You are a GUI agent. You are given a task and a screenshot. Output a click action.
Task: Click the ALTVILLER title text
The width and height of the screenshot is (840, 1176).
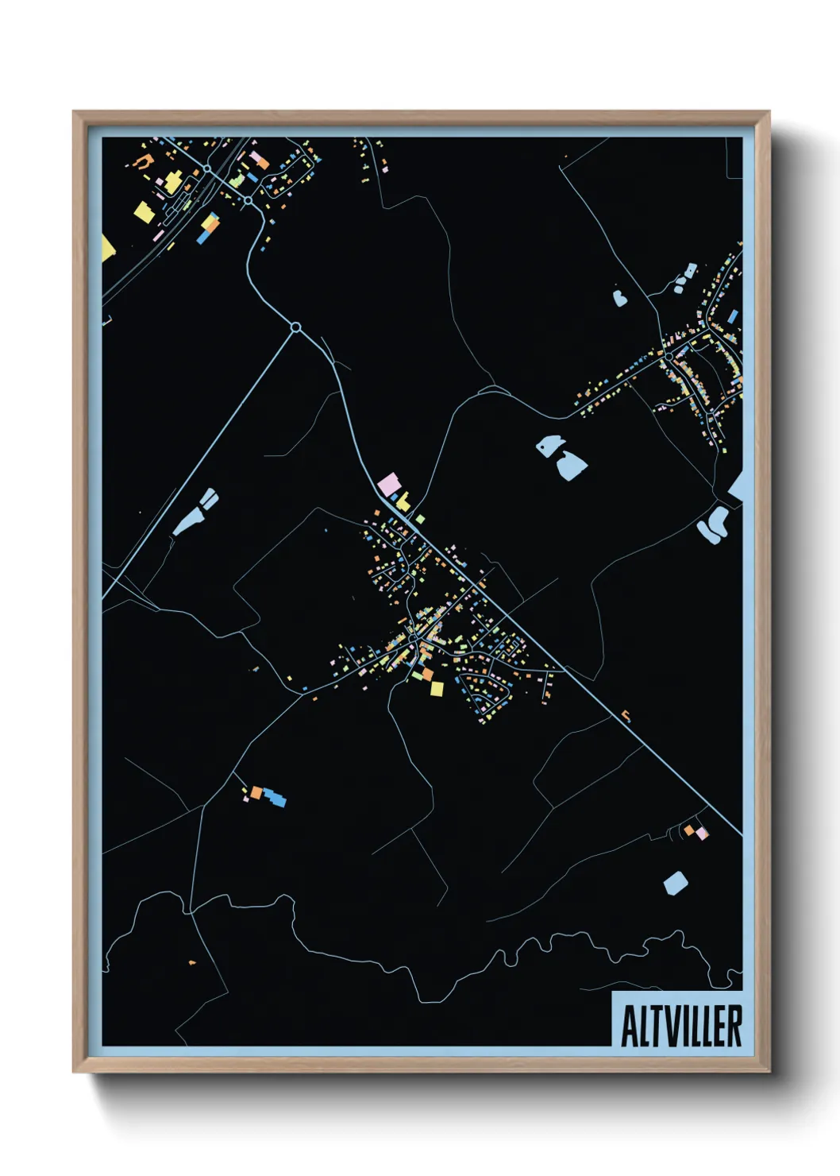tap(680, 1026)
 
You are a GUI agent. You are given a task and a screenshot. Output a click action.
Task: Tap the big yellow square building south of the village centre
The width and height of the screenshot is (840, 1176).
tap(436, 688)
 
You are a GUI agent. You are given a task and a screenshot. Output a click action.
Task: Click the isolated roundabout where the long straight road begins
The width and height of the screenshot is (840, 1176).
tap(296, 327)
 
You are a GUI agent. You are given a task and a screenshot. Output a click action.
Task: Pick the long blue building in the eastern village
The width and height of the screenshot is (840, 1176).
tap(732, 316)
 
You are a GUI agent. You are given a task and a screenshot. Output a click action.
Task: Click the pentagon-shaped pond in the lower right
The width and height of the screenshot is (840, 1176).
tap(675, 883)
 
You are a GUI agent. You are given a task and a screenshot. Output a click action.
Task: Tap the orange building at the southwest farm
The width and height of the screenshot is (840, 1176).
tap(256, 792)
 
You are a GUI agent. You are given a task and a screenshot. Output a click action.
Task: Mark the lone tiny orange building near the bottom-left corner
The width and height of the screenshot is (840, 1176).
tap(192, 962)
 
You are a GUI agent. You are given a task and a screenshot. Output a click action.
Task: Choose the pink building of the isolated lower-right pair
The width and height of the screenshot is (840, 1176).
tap(702, 834)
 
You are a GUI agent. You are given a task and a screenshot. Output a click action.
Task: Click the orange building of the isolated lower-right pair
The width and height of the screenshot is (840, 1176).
tap(690, 830)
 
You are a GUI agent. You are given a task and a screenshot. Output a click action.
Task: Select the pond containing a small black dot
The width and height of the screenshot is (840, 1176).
tap(549, 445)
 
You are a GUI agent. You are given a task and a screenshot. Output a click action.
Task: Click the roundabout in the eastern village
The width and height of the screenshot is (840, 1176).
tap(669, 356)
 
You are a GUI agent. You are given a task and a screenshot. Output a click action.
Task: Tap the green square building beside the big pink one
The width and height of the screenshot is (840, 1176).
tap(420, 519)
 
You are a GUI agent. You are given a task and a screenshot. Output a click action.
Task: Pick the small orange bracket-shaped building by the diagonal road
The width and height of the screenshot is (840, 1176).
tap(626, 715)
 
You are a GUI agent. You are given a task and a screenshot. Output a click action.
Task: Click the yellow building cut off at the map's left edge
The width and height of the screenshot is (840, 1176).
tap(108, 248)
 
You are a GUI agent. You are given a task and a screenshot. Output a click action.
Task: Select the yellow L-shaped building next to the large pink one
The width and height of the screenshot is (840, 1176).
tap(403, 502)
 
